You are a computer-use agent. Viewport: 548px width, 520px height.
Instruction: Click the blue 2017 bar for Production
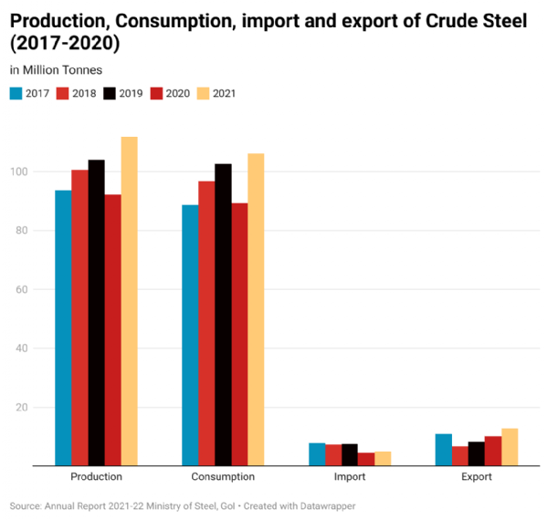click(x=63, y=328)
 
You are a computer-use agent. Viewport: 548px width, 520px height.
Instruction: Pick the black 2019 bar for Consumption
click(x=223, y=315)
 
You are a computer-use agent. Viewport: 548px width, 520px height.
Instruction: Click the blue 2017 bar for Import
click(x=317, y=454)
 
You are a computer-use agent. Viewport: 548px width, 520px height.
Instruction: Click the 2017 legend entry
click(x=32, y=93)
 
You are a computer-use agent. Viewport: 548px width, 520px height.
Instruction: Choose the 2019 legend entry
click(x=123, y=93)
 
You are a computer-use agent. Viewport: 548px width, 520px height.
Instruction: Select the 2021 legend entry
click(x=216, y=93)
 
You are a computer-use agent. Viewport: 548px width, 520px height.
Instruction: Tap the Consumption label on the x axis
click(x=223, y=476)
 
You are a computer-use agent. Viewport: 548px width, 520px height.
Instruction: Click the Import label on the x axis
click(x=349, y=476)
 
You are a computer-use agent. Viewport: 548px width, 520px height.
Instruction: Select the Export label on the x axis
click(x=476, y=476)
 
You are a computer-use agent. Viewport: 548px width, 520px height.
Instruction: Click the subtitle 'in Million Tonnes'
click(x=56, y=70)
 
